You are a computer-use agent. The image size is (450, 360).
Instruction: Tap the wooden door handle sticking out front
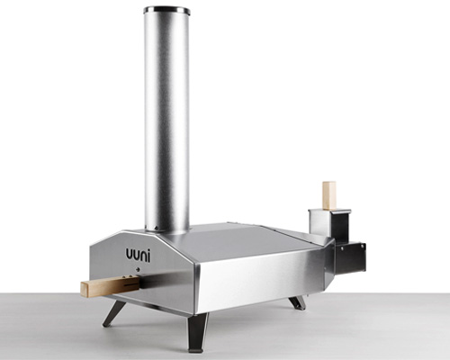click(x=99, y=287)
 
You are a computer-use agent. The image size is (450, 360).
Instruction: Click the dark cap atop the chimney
click(x=166, y=11)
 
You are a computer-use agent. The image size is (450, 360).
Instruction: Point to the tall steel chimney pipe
click(x=166, y=117)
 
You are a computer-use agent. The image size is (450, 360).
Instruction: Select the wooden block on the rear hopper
click(x=329, y=194)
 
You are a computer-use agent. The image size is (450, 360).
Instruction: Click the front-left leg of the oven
click(x=114, y=311)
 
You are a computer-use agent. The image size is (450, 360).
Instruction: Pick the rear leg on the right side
click(x=297, y=301)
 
